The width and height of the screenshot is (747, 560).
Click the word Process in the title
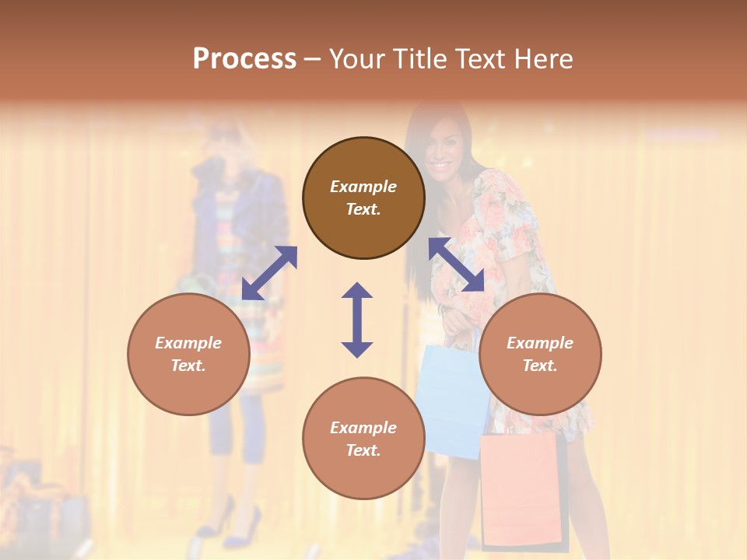click(244, 58)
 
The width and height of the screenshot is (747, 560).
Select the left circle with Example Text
click(188, 354)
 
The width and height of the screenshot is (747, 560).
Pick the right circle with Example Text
click(540, 354)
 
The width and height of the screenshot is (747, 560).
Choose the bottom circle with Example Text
click(363, 438)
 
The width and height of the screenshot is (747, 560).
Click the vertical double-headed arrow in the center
click(357, 320)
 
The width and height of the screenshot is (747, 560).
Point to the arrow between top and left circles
click(269, 272)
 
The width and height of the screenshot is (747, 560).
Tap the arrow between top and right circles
click(457, 264)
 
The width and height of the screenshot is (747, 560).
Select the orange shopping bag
click(519, 490)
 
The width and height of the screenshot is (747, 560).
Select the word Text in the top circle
click(363, 209)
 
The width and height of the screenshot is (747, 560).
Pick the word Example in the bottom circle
click(363, 427)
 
